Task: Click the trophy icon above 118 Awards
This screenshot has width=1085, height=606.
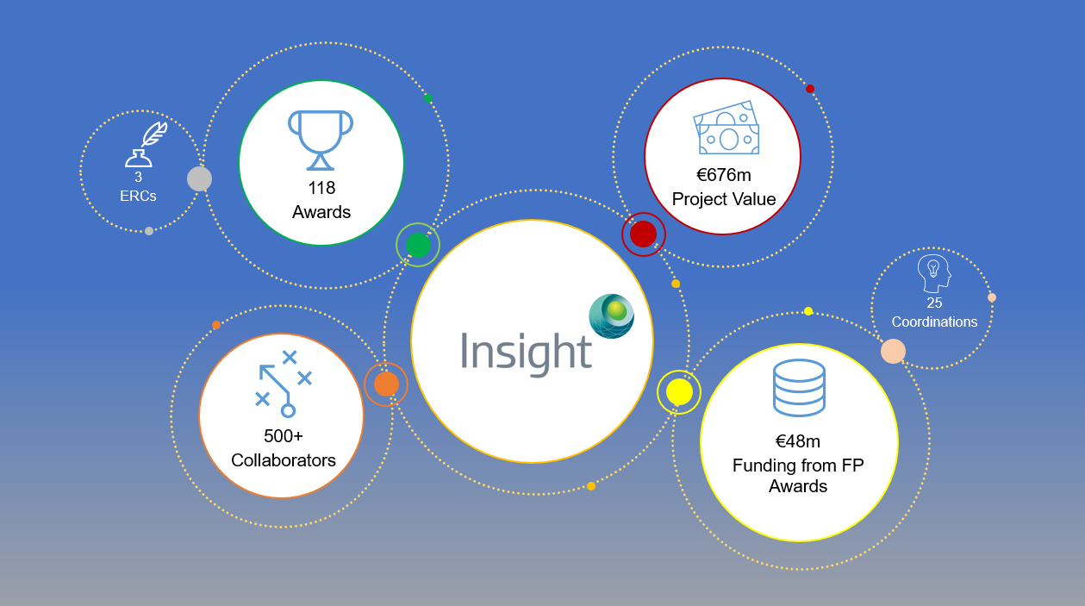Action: click(321, 141)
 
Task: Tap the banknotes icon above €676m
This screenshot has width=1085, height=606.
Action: click(726, 128)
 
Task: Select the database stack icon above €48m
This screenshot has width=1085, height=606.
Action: click(799, 388)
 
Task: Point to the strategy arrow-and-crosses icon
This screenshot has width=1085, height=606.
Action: click(284, 384)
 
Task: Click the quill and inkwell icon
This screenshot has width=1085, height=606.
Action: click(147, 144)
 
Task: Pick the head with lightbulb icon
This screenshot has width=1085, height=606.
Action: click(934, 273)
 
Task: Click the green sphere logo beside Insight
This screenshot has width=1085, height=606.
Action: click(611, 315)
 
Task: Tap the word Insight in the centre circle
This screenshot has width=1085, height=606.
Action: click(526, 353)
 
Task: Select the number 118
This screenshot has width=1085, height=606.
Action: click(321, 188)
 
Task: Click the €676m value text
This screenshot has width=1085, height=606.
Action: click(724, 175)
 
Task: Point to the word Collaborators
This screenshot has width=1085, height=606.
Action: click(284, 460)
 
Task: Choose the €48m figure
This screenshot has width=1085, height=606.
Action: click(798, 441)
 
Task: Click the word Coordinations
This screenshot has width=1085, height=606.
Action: click(934, 322)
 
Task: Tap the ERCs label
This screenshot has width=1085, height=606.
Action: click(138, 196)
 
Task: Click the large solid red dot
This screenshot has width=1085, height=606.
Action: click(643, 234)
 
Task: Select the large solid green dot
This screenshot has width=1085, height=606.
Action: click(418, 245)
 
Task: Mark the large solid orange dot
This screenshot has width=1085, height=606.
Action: click(386, 384)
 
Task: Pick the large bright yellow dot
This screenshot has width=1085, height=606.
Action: click(679, 392)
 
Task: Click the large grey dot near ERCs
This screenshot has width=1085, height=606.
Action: click(200, 178)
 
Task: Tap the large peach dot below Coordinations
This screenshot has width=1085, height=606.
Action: click(893, 351)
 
